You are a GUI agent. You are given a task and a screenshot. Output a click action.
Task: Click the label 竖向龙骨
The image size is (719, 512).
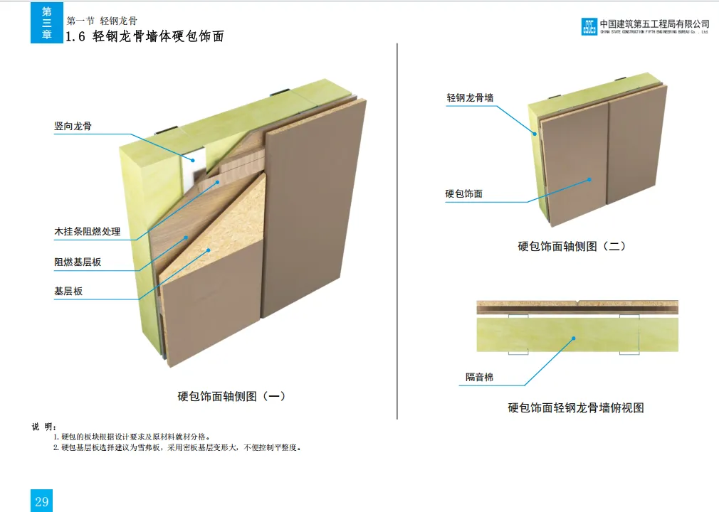tap(73, 127)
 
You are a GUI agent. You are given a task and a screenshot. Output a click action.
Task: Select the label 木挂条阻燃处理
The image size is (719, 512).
tap(88, 232)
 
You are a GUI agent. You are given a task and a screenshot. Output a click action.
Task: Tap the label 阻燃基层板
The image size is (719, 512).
tap(78, 262)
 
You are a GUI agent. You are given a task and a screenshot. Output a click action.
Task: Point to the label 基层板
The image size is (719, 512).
tap(68, 292)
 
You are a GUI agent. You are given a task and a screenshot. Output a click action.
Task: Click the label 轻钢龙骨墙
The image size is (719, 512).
tap(470, 98)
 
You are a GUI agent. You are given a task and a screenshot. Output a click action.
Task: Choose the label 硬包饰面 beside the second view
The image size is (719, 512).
tap(463, 193)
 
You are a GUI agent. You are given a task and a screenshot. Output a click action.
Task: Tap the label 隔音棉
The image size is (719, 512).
tap(479, 377)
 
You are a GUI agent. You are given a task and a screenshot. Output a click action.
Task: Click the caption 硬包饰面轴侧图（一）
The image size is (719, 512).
tap(231, 396)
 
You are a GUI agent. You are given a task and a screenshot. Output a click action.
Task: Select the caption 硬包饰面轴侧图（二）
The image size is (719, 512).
tap(572, 247)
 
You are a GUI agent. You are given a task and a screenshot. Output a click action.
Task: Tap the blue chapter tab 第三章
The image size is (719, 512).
tap(47, 23)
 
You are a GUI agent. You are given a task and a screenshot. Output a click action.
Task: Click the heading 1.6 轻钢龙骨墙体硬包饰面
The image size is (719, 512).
tap(145, 37)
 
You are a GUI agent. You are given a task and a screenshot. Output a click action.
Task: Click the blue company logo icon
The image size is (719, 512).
tap(589, 26)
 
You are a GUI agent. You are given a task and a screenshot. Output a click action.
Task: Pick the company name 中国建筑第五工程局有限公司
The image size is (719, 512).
tap(655, 23)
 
